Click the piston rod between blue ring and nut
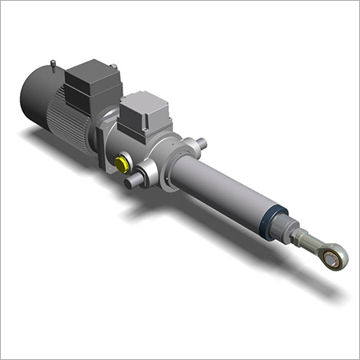pyautogui.click(x=285, y=227)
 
